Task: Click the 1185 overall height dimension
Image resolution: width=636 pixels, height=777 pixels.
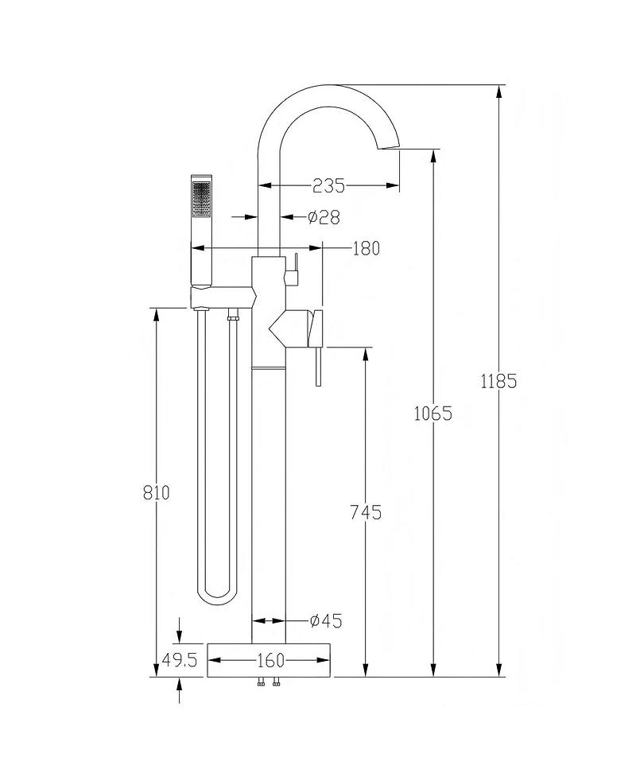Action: point(498,381)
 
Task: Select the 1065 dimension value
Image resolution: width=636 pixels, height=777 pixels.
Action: point(433,414)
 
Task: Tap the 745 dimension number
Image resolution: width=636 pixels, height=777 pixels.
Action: point(366,512)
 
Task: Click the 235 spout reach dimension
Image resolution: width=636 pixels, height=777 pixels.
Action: point(328,186)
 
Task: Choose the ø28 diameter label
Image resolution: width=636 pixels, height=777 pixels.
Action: point(324,216)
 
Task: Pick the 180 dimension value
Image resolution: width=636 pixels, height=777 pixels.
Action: point(366,249)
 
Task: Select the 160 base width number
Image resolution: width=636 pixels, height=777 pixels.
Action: point(270,660)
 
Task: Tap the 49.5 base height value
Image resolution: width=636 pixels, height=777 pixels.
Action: point(180,660)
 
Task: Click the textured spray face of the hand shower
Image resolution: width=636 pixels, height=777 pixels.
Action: point(202,198)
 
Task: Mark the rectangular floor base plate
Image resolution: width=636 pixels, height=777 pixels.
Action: point(270,659)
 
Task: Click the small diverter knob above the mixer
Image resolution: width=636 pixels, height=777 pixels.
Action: point(292,271)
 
